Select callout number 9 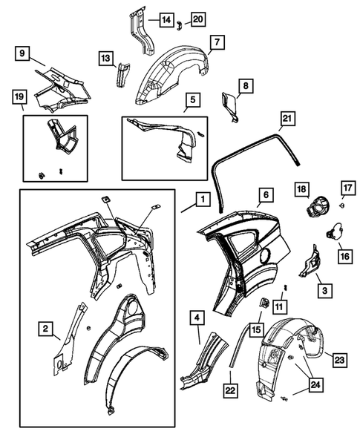23,53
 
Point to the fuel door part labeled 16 332,232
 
